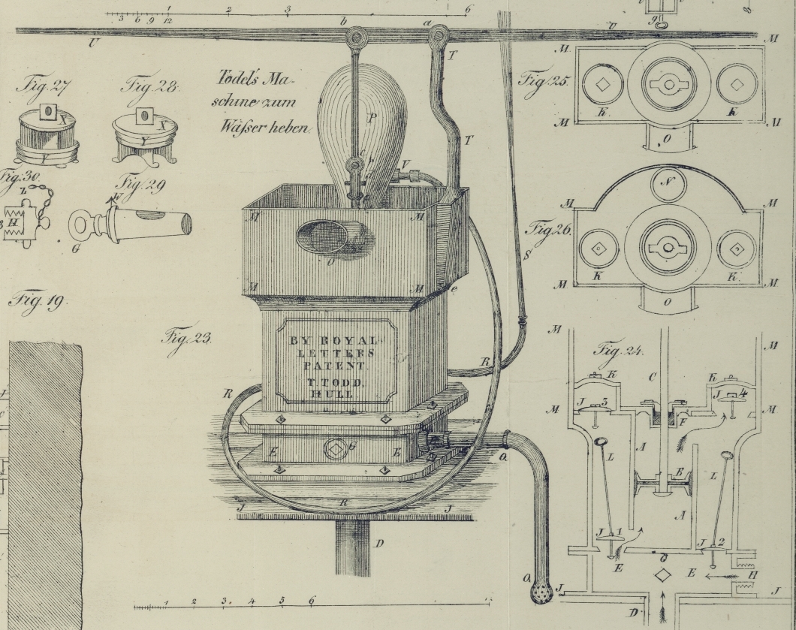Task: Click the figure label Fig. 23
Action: tap(186, 337)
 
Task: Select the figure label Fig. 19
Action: tap(37, 302)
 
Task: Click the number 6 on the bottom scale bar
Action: tap(312, 600)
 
